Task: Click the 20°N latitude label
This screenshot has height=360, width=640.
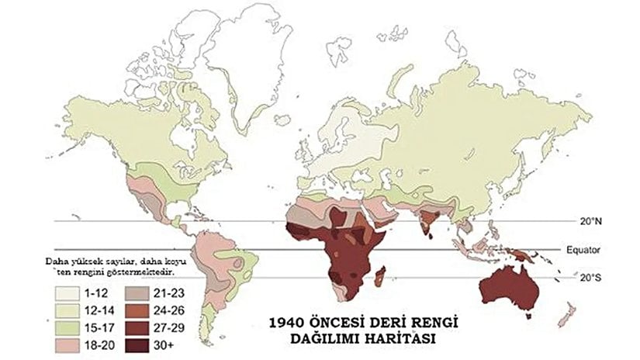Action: click(x=591, y=221)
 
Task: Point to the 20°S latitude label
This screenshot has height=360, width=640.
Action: click(x=591, y=277)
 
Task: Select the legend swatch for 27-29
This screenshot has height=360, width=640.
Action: click(x=137, y=324)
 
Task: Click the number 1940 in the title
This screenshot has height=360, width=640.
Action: click(x=286, y=321)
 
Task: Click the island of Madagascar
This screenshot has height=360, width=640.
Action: click(x=381, y=277)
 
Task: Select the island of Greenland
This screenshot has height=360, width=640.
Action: click(x=247, y=54)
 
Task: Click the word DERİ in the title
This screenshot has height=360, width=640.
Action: click(x=398, y=321)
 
